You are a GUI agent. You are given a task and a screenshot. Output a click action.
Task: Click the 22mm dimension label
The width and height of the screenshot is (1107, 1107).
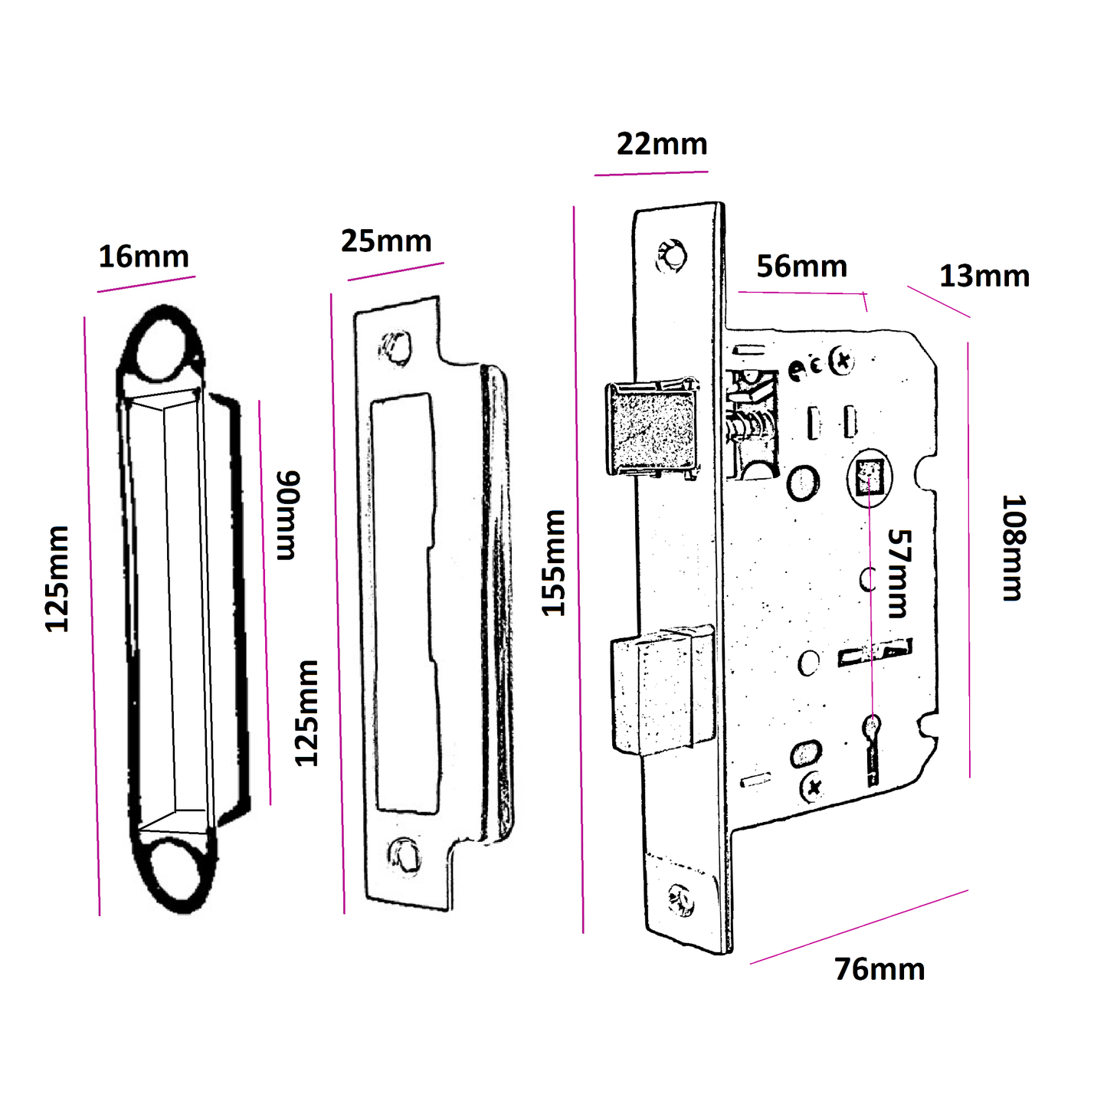(x=662, y=144)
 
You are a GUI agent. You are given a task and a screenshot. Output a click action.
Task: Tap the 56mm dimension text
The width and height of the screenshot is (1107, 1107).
(x=801, y=267)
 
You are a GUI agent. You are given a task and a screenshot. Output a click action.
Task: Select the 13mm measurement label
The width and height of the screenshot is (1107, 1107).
(x=984, y=276)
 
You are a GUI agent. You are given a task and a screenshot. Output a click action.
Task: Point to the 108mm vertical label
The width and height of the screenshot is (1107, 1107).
(x=1014, y=548)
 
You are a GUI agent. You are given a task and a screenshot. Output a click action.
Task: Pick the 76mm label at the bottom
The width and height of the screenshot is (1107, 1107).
(x=879, y=969)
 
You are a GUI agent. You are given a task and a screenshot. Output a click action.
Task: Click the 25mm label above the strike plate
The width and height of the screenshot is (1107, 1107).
(x=386, y=241)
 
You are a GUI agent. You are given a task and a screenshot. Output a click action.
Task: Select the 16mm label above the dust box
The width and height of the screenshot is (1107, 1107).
(x=143, y=257)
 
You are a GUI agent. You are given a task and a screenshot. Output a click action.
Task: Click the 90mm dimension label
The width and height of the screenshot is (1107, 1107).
(x=288, y=516)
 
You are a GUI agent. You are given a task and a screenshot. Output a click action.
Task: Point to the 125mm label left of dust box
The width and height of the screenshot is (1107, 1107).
(x=57, y=579)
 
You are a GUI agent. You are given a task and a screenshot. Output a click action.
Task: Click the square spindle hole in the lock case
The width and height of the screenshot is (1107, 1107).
(x=869, y=477)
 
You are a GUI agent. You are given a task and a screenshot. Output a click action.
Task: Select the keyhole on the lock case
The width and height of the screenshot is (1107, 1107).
(x=872, y=728)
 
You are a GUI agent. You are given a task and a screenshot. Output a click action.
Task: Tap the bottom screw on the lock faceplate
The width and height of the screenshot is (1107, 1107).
(x=680, y=899)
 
